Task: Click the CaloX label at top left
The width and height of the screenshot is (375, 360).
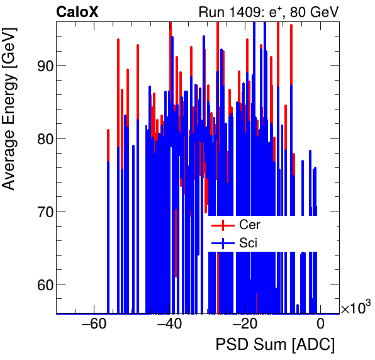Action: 76,11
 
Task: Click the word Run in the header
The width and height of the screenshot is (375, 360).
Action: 211,11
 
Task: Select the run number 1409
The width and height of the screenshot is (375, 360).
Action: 246,11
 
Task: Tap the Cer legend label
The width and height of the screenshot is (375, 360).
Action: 249,225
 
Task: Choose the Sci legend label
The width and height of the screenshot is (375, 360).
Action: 248,243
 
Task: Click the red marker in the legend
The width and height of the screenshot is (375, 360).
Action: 219,225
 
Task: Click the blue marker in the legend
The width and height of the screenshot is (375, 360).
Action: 219,243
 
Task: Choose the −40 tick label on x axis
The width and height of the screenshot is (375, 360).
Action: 169,325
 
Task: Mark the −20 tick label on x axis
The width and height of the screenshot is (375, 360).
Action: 245,325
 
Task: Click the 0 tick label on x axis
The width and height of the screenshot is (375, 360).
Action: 320,325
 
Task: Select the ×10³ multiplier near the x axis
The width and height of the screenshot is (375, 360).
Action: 355,307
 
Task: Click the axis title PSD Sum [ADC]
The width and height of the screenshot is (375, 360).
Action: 275,345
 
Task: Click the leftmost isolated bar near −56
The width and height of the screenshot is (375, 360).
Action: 108,220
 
